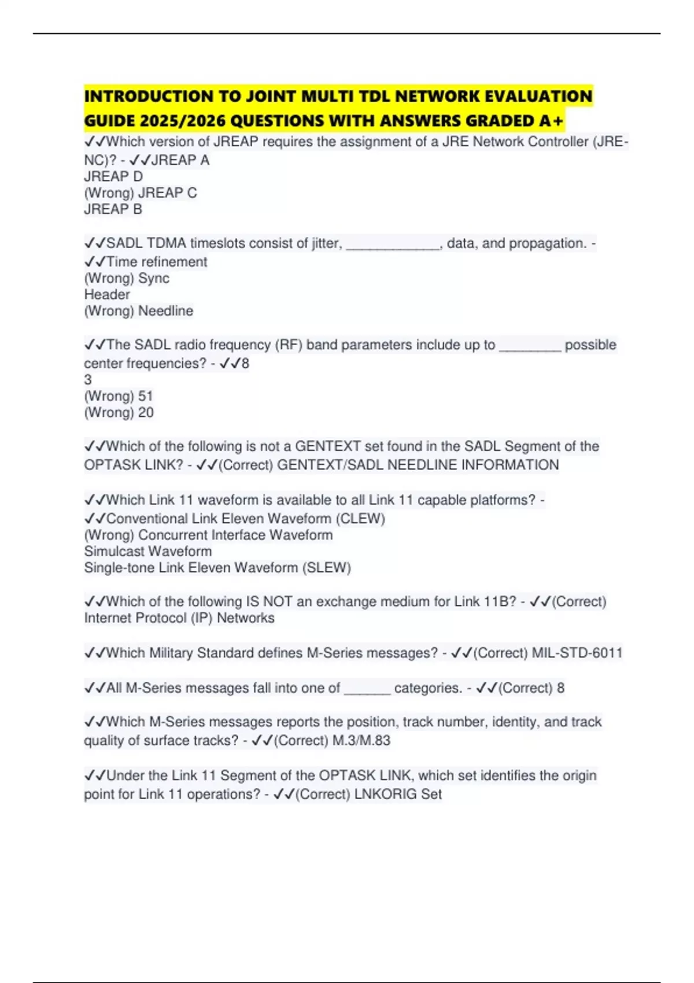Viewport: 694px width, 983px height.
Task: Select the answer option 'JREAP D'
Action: point(113,176)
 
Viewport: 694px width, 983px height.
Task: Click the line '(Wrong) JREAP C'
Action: point(141,193)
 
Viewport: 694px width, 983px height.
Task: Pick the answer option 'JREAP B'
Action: point(113,209)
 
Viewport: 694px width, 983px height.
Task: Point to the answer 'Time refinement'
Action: point(157,262)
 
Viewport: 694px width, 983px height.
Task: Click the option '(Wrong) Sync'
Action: point(127,278)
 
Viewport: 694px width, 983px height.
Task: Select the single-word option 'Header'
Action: point(107,294)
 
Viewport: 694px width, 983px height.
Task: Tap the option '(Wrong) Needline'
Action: point(139,311)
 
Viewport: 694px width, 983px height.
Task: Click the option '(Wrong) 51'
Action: point(119,396)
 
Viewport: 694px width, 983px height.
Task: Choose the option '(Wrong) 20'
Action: point(119,413)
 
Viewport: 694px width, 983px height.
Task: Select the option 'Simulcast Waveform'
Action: point(148,551)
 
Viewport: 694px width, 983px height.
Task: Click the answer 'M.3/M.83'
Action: point(361,741)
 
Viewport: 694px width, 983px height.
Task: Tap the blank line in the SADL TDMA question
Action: point(393,244)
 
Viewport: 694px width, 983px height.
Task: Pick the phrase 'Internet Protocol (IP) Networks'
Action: point(179,618)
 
